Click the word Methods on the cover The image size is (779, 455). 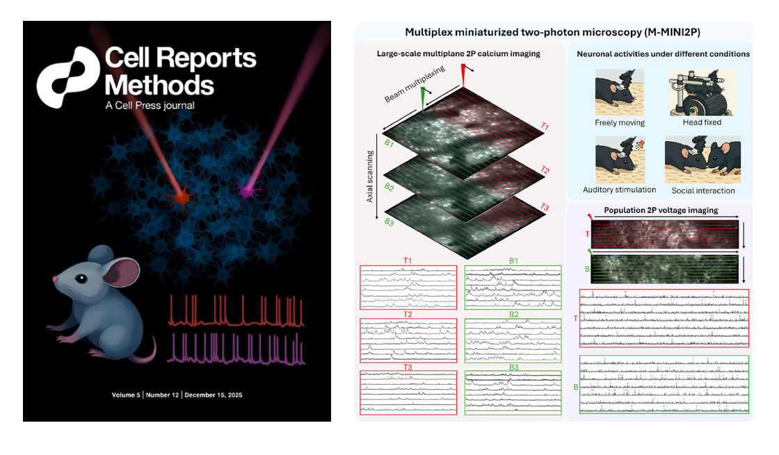[x=159, y=85]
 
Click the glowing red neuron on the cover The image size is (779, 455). [x=182, y=199]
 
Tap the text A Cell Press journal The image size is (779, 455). [x=150, y=106]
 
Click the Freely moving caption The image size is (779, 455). [x=620, y=123]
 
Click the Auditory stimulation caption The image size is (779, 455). [x=620, y=190]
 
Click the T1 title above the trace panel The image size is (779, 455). [x=408, y=261]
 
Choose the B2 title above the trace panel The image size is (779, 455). [x=514, y=315]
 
